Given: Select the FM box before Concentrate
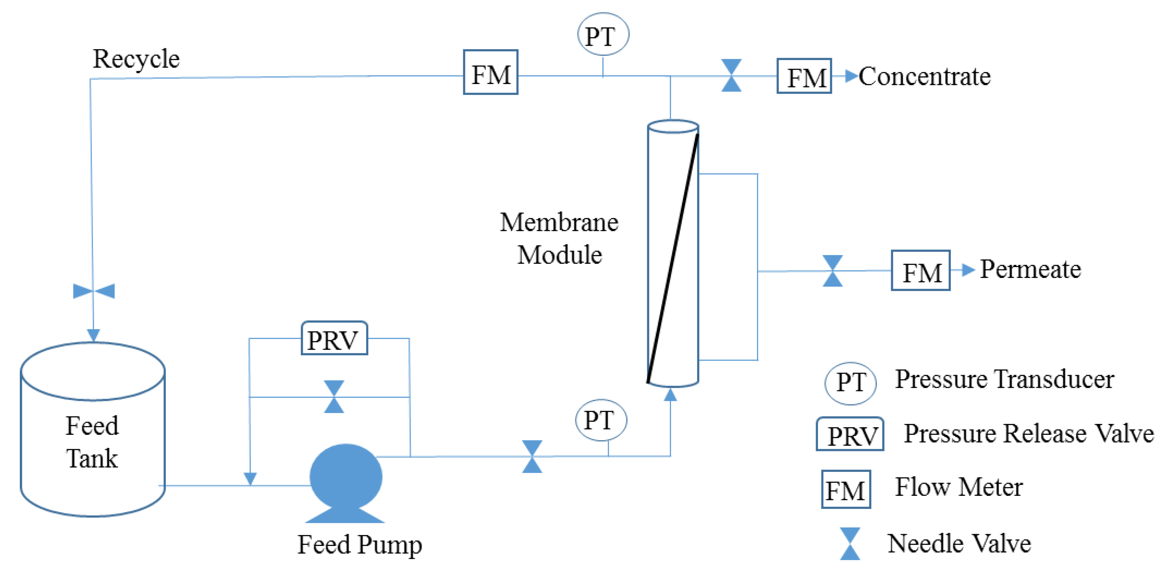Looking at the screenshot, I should click(804, 76).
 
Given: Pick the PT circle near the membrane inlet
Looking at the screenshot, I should click(601, 420).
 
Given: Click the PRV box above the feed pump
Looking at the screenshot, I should click(334, 338).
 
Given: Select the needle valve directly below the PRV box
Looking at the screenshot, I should click(334, 397).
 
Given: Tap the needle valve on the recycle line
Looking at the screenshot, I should click(94, 291).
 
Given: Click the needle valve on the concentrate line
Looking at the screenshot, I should click(731, 75).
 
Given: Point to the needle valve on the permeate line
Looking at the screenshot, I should click(832, 271).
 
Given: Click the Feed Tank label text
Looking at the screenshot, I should click(92, 442).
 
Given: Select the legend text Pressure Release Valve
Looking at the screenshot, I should click(1028, 434).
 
